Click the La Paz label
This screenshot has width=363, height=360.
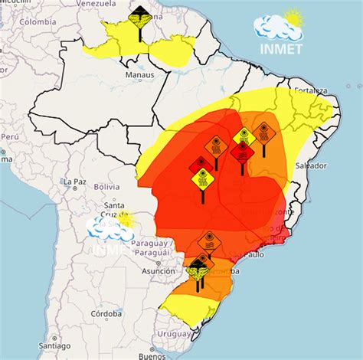point(74,181)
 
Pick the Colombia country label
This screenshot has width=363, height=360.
point(38,21)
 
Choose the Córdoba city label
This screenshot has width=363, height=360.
point(106,314)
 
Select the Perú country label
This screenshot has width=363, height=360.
point(9,136)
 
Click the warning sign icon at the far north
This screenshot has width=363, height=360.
point(139,15)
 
